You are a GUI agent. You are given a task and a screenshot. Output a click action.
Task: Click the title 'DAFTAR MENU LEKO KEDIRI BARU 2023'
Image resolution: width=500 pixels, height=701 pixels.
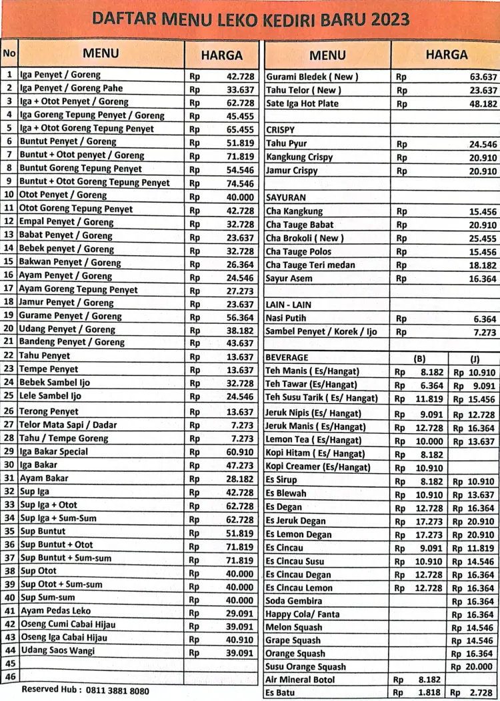250,19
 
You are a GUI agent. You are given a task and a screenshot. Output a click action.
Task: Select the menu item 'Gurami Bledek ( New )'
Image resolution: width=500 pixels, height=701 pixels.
311,77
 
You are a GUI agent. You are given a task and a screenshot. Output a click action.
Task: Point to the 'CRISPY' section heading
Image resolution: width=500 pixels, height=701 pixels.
280,130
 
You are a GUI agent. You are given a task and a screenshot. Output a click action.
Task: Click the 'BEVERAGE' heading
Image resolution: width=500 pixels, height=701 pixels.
287,357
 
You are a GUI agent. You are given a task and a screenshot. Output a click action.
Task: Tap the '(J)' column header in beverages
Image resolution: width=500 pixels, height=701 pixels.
474,358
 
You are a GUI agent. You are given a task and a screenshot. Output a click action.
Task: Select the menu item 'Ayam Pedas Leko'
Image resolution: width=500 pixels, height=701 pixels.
55,610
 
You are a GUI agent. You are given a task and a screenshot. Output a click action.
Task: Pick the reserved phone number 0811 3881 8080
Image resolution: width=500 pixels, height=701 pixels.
114,690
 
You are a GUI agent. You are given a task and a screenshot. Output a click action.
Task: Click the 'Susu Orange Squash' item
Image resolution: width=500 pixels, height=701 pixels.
306,666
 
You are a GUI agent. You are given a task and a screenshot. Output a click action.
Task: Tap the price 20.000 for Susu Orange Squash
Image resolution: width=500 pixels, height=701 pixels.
477,666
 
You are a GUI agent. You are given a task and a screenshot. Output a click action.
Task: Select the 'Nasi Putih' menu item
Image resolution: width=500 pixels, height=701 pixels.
286,319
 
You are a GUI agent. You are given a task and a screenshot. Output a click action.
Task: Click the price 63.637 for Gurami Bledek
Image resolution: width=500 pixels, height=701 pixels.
483,77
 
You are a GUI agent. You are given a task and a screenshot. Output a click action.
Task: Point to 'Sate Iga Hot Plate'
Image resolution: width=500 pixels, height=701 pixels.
302,103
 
